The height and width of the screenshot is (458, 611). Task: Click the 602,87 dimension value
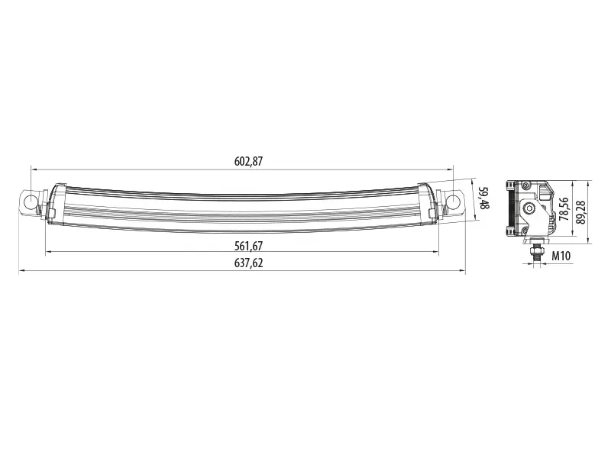[249, 161]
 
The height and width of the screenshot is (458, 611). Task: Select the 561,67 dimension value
[249, 246]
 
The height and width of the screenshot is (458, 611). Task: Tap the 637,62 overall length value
[249, 263]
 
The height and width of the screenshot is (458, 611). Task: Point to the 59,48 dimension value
[483, 198]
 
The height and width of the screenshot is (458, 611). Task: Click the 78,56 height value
[564, 209]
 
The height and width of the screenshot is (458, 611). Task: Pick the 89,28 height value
[580, 212]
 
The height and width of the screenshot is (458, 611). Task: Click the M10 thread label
[561, 256]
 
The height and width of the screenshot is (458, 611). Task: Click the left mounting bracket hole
[30, 202]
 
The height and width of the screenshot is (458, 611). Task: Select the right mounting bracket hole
[453, 202]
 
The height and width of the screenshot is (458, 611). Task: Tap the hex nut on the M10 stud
[538, 249]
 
